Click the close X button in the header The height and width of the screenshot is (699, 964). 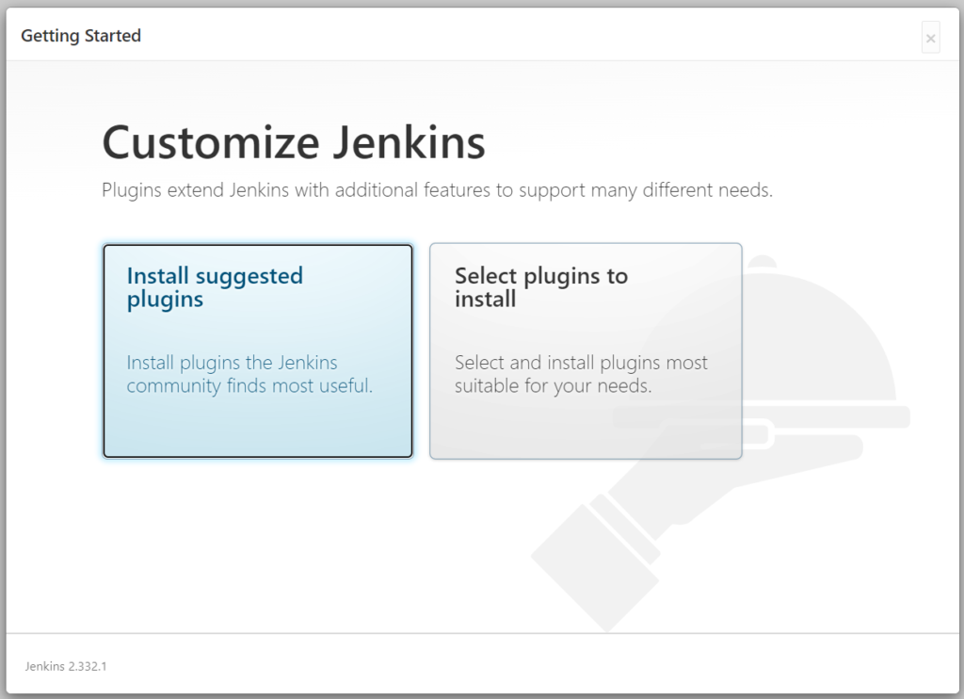click(930, 38)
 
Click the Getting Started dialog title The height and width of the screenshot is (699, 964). click(81, 36)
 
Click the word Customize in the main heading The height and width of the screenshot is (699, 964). click(210, 143)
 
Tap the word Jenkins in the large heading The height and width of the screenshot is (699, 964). click(409, 143)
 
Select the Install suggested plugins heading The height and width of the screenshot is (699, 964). click(215, 287)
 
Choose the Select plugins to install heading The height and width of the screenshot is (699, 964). click(540, 287)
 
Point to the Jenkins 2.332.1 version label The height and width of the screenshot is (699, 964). click(66, 666)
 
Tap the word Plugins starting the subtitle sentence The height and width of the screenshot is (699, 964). click(132, 190)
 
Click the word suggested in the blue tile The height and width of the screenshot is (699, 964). click(249, 276)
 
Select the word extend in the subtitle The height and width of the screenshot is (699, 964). click(195, 190)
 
